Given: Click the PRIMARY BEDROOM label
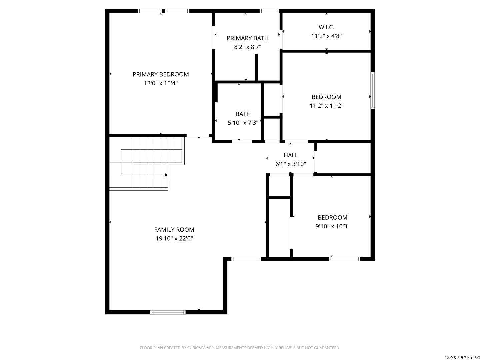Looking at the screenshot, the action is [x=161, y=74].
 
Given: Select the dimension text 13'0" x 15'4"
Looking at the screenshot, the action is [x=161, y=83].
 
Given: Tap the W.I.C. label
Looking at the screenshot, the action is [x=326, y=27].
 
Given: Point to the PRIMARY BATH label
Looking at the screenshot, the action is [x=247, y=38].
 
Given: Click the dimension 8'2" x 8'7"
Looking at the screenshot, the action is [x=247, y=47].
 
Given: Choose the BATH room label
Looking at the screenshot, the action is [x=243, y=114].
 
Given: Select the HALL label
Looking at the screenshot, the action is [x=290, y=155].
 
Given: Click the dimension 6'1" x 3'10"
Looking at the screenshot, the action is [x=290, y=164].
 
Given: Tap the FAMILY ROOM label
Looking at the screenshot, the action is [x=174, y=230].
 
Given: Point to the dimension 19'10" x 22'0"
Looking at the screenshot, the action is [x=174, y=238].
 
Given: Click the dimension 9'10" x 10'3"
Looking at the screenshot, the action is [x=332, y=226].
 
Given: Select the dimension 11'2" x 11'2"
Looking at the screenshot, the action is [x=326, y=106].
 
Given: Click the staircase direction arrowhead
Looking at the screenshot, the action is [x=166, y=175].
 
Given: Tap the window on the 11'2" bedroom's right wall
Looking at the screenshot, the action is [x=372, y=90].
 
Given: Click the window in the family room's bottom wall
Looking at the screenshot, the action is [x=168, y=312].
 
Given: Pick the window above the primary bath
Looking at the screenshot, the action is [x=269, y=11].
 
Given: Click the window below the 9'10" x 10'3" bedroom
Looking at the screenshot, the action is [x=344, y=259].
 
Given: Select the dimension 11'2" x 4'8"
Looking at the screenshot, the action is [x=326, y=36].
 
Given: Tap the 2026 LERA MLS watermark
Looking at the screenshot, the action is [x=462, y=357].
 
